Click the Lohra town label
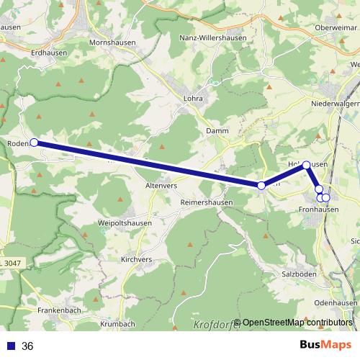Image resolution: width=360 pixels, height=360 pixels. (194, 99)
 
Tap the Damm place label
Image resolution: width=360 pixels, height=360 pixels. (217, 130)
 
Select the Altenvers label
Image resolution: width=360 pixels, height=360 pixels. (161, 185)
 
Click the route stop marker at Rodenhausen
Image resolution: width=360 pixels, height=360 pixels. (34, 143)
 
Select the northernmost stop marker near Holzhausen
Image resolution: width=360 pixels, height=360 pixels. (306, 165)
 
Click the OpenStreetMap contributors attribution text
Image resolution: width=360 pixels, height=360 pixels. (297, 322)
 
